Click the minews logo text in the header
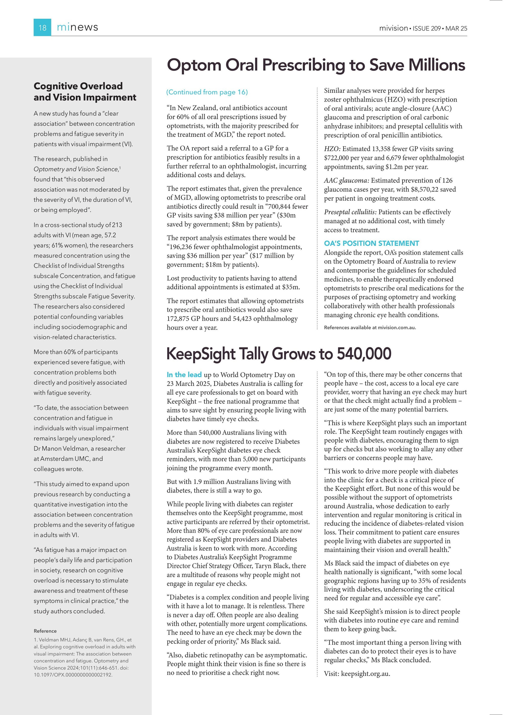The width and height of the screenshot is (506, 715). (77, 27)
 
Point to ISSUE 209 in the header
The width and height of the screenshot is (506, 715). (427, 28)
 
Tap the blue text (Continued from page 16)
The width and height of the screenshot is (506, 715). (207, 92)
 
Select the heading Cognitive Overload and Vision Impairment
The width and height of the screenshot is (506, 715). (85, 92)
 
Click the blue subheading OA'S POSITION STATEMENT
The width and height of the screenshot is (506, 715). (371, 243)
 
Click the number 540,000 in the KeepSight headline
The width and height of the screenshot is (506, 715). (364, 354)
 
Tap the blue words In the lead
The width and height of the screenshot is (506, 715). (184, 375)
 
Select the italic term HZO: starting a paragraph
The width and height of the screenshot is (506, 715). (332, 149)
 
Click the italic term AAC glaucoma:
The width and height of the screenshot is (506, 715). (346, 180)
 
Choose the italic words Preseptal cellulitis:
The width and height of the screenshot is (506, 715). (350, 212)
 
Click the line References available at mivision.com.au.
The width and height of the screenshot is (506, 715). (370, 328)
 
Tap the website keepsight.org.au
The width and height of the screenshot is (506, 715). (365, 674)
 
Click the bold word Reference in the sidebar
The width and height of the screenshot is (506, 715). (45, 631)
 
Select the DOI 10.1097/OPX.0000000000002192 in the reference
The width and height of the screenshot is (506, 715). (73, 675)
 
